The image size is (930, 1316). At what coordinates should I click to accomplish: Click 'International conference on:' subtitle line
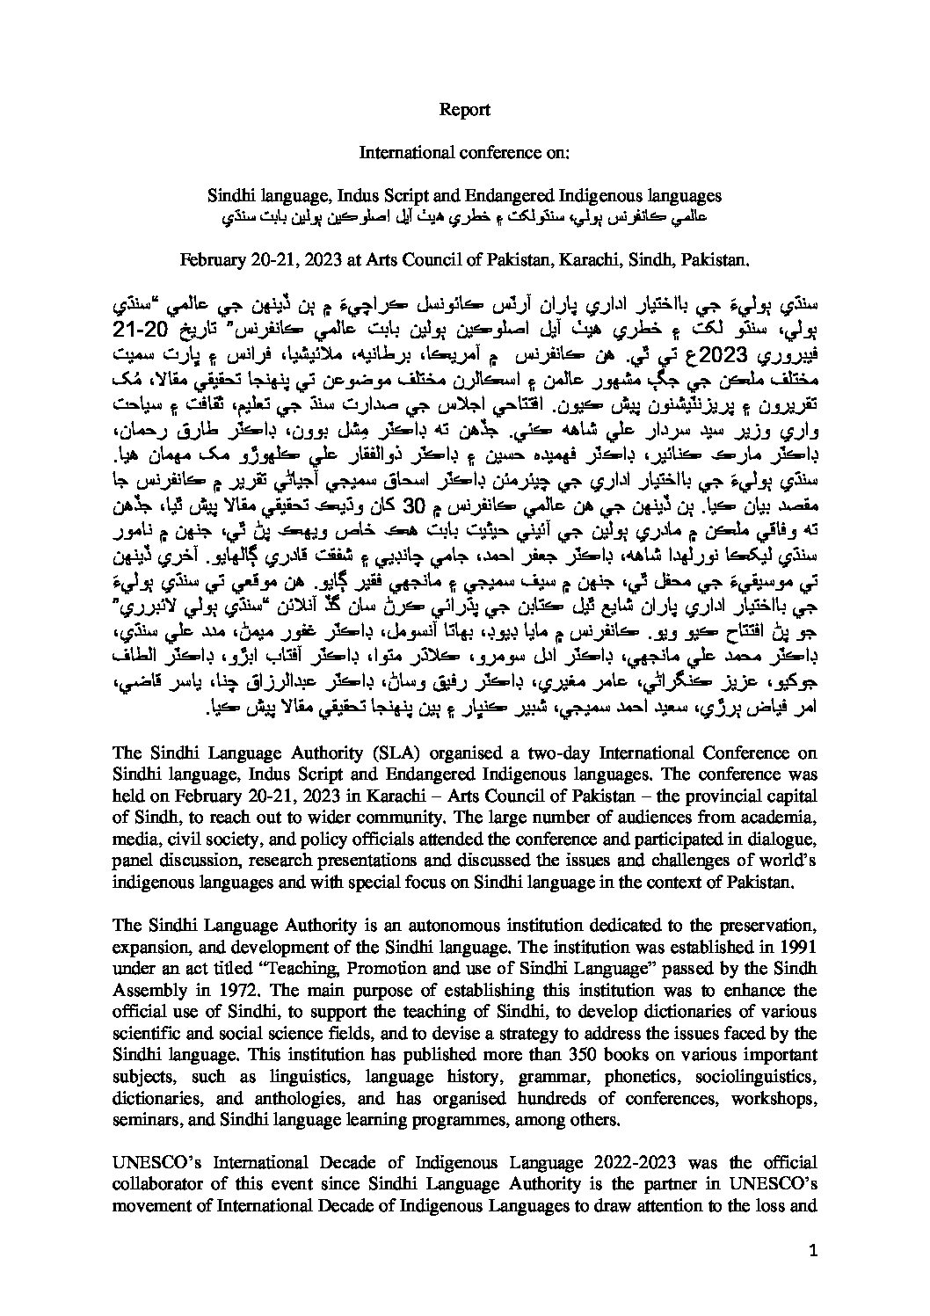tap(465, 152)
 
